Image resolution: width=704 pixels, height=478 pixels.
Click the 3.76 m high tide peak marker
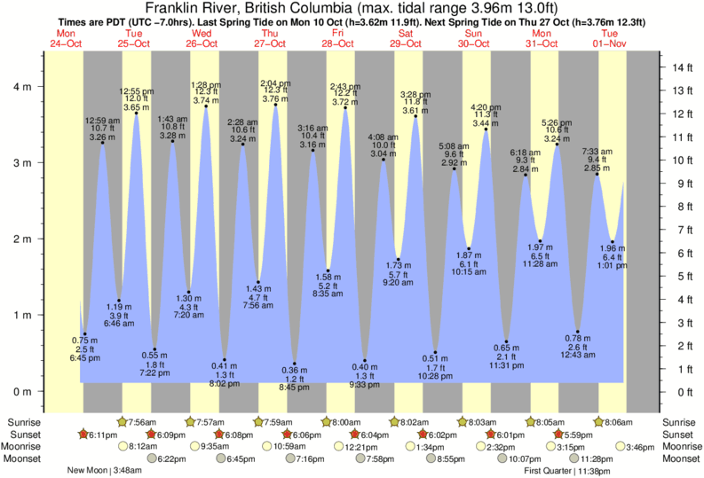[x=275, y=106]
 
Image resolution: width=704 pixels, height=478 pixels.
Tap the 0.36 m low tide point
[x=295, y=364]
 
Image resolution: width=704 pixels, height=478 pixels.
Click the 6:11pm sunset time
[x=103, y=435]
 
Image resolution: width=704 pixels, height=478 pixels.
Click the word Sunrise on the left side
[x=21, y=421]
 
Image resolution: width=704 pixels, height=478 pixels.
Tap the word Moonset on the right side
[x=681, y=458]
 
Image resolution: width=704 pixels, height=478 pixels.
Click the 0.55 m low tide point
[x=154, y=349]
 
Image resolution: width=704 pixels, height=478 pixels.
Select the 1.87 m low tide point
[x=469, y=249]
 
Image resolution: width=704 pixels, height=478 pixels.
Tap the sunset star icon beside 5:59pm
[x=558, y=435]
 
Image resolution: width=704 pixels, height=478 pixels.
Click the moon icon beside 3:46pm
[x=618, y=446]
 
